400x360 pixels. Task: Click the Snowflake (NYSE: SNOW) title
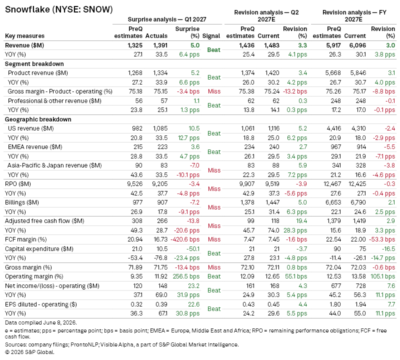[59, 9]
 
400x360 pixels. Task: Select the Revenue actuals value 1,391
[160, 45]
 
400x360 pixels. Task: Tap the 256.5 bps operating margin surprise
[186, 276]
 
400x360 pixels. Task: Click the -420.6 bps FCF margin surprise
[185, 239]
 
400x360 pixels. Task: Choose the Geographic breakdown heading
[38, 119]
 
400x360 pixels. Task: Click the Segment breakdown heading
[34, 64]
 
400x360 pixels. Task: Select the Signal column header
[211, 36]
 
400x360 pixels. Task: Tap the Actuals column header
[156, 36]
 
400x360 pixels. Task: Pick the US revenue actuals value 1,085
[160, 128]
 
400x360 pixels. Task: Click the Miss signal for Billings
[214, 207]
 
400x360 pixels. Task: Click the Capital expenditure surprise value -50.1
[193, 249]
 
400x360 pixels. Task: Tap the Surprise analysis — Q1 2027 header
[167, 19]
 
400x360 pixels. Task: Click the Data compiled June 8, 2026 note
[41, 322]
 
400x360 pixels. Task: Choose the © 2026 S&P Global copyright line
[29, 352]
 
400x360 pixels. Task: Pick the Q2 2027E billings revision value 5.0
[302, 202]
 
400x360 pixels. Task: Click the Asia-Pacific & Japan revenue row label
[54, 165]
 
